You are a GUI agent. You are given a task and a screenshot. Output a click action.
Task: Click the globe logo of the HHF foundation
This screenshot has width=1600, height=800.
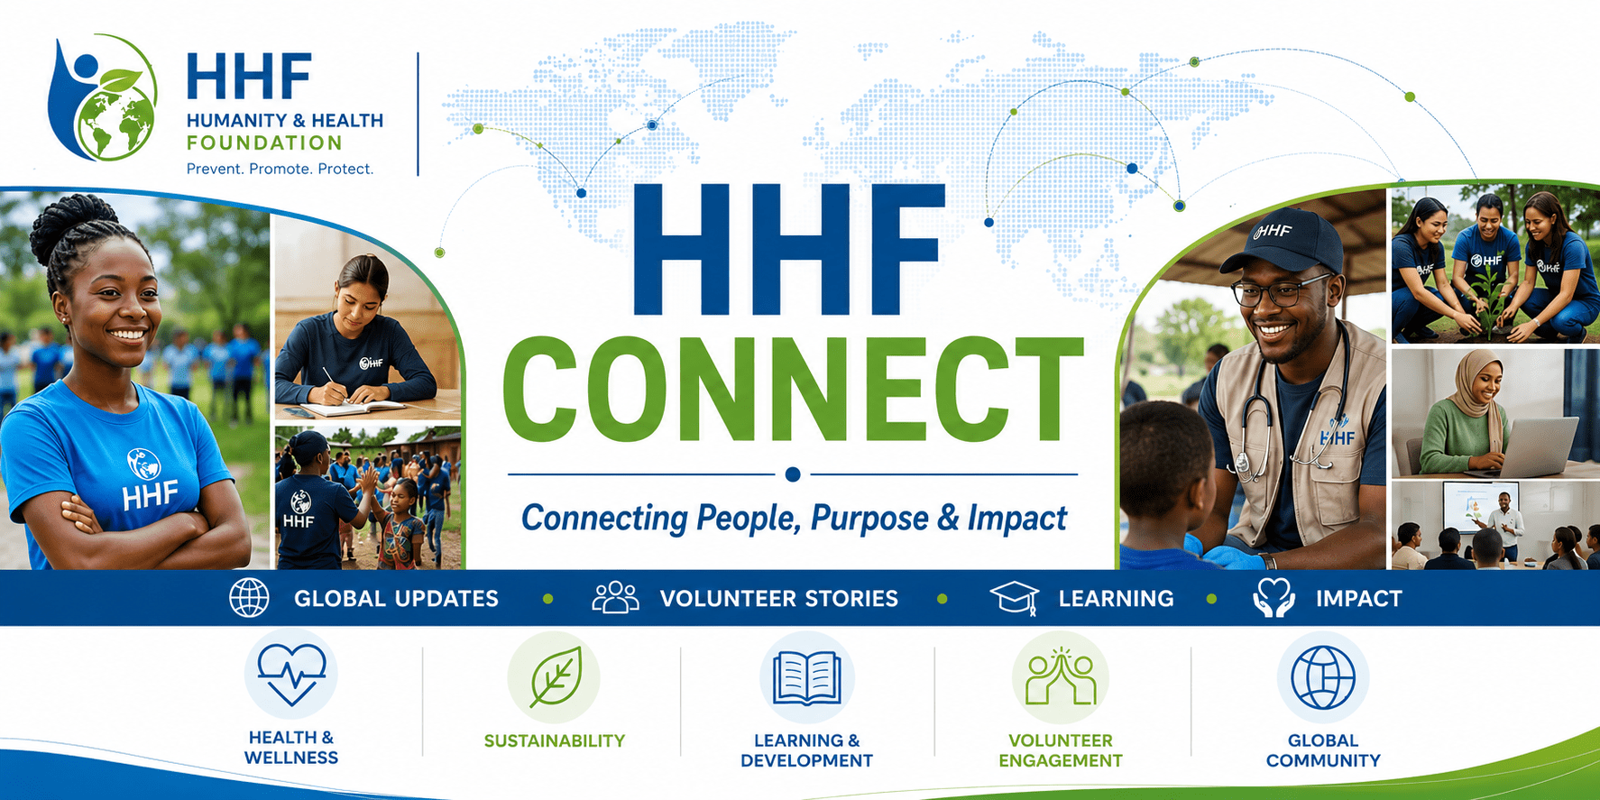pos(103,98)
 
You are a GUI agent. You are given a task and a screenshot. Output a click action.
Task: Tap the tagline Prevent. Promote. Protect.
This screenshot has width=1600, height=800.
pos(280,169)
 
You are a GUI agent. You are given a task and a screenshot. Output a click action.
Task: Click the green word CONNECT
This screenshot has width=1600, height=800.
pos(793,390)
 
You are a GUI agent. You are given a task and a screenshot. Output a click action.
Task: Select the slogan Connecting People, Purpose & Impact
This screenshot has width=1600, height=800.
pos(794,519)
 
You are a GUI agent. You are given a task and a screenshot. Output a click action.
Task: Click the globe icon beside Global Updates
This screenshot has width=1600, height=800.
pos(249,598)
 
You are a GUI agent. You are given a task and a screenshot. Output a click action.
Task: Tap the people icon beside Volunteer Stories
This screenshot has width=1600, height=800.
pos(615,597)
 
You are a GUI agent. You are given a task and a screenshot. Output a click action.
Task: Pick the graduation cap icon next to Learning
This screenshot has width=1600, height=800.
pos(1015,598)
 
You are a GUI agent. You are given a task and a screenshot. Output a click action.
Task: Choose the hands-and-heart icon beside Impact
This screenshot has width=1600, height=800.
pos(1274,598)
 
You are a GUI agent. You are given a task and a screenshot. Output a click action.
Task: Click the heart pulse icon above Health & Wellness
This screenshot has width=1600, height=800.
pos(291,675)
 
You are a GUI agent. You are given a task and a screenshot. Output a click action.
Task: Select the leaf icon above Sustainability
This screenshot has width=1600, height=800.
pos(556,677)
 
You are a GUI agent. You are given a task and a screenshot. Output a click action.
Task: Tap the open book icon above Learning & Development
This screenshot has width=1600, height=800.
pos(807,678)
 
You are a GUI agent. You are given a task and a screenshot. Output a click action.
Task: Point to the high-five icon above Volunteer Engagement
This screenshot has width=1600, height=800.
pos(1061,676)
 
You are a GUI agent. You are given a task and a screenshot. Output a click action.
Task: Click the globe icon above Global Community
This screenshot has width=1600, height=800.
pos(1323,677)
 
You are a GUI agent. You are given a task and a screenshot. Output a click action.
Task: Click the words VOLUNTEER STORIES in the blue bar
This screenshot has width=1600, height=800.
pos(779,599)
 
